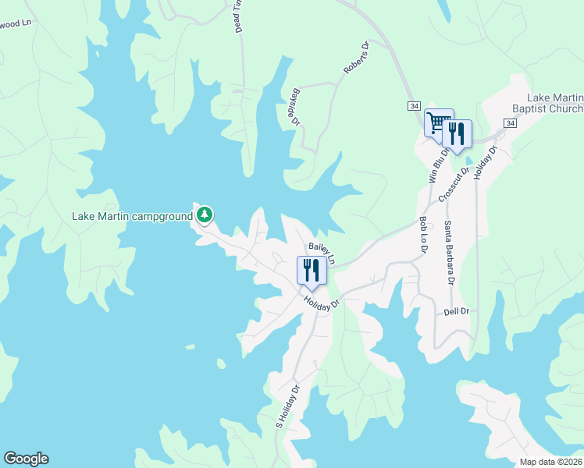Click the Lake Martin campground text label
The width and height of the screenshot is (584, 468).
tap(133, 216)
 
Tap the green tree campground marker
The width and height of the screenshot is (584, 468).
tap(205, 214)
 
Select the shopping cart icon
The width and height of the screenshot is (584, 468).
tap(438, 122)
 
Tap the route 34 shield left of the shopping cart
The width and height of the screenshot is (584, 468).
tap(414, 105)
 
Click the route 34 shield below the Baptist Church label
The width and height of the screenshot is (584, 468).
tap(510, 123)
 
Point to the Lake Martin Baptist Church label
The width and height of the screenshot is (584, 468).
tap(555, 103)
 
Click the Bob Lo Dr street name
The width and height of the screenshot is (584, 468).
tap(423, 234)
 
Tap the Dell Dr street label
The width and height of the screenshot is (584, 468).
tap(454, 311)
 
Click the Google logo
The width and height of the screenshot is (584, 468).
tap(26, 459)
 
